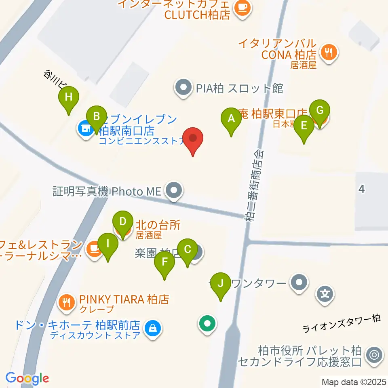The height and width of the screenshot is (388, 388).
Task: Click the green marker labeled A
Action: pos(231,119)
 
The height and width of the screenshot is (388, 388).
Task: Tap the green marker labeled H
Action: pos(69,97)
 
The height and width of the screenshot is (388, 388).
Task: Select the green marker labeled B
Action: pos(96,117)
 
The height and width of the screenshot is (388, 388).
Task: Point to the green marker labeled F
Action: pos(164,262)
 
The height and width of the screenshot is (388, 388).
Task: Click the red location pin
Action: pos(193,139)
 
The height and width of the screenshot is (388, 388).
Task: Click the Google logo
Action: pos(27,378)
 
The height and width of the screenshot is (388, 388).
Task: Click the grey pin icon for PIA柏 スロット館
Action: pos(183,88)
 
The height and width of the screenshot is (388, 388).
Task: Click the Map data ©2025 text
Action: pos(354,382)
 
